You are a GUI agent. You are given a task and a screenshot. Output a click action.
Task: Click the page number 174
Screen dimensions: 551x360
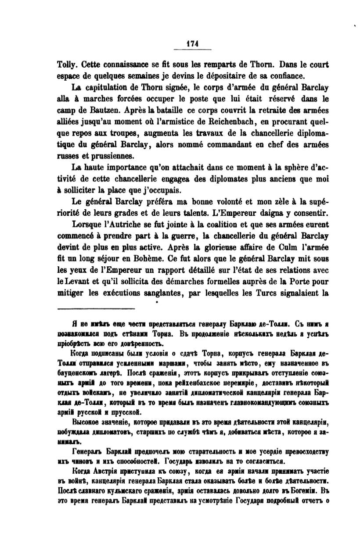click(x=193, y=43)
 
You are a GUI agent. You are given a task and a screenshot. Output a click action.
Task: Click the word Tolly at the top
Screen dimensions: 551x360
click(x=66, y=64)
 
